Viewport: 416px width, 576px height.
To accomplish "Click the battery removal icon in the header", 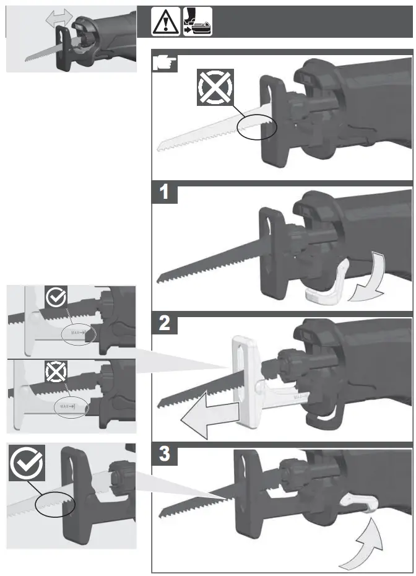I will pyautogui.click(x=197, y=22).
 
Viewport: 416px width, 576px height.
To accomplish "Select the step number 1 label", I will pyautogui.click(x=165, y=192).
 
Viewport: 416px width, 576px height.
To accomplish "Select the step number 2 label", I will pyautogui.click(x=165, y=325).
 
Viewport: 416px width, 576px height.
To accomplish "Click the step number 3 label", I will pyautogui.click(x=165, y=455).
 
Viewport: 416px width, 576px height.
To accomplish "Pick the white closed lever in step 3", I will pyautogui.click(x=358, y=502).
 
